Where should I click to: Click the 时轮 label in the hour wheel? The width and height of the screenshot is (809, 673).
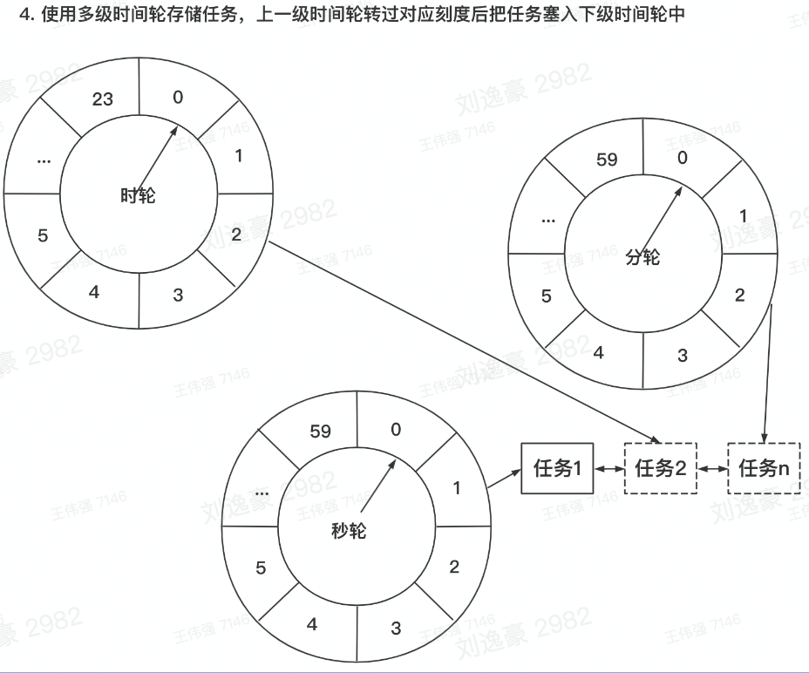point(138,195)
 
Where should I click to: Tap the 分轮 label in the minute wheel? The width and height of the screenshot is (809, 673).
point(642,257)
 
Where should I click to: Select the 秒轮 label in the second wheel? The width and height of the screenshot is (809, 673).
point(349,531)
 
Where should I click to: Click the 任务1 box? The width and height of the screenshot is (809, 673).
point(557,468)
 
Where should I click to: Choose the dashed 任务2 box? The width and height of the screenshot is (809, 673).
point(661,468)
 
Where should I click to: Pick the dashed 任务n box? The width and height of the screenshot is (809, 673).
point(764,468)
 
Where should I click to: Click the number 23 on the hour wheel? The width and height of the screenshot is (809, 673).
point(103,99)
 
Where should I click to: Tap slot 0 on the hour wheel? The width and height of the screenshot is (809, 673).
point(178,97)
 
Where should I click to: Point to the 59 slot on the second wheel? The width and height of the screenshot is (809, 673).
point(321,431)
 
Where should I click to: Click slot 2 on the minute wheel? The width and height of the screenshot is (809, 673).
point(740,295)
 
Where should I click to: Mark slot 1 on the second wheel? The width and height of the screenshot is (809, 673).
point(457,488)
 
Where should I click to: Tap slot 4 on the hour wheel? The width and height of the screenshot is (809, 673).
point(94,292)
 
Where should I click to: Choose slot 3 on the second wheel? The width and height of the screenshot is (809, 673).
point(396,628)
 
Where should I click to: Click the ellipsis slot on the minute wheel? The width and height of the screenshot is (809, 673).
point(547,219)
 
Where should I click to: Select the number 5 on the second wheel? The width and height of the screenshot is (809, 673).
point(261,568)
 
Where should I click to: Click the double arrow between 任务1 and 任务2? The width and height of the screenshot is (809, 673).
point(609,468)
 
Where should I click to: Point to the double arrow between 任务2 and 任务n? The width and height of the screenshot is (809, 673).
point(712,468)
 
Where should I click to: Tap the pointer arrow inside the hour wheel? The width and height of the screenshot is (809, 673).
point(156,156)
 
